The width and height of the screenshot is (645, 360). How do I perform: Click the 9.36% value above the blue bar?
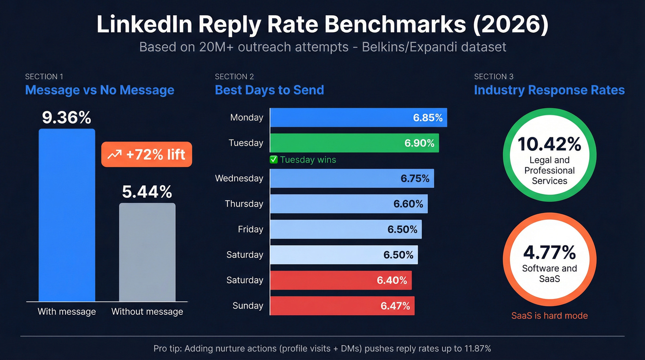[x=67, y=118]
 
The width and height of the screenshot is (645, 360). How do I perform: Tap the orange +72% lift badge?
[x=147, y=154]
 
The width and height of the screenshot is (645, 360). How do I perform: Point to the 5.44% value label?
[x=147, y=191]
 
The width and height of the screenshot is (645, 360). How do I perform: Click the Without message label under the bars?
[x=147, y=312]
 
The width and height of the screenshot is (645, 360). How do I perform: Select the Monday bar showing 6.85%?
[x=358, y=118]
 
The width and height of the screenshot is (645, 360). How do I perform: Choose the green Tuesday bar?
[x=354, y=143]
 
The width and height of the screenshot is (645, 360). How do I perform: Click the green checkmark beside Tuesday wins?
[x=273, y=160]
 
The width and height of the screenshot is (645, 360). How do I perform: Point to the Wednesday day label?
[x=239, y=178]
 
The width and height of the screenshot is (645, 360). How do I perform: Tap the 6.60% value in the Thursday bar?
[x=408, y=204]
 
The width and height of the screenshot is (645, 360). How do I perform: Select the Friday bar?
[x=346, y=229]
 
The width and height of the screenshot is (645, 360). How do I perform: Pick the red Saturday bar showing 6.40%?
[x=340, y=280]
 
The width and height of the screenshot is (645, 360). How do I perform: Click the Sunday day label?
[x=247, y=306]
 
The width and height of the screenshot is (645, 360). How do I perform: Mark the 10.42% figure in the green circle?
[x=549, y=144]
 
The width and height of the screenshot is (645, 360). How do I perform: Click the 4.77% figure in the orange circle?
[x=549, y=253]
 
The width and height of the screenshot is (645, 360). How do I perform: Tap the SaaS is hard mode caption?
[x=549, y=316]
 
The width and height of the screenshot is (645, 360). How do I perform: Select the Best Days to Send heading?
[x=270, y=89]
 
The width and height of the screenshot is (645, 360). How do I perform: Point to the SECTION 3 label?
[x=493, y=77]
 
